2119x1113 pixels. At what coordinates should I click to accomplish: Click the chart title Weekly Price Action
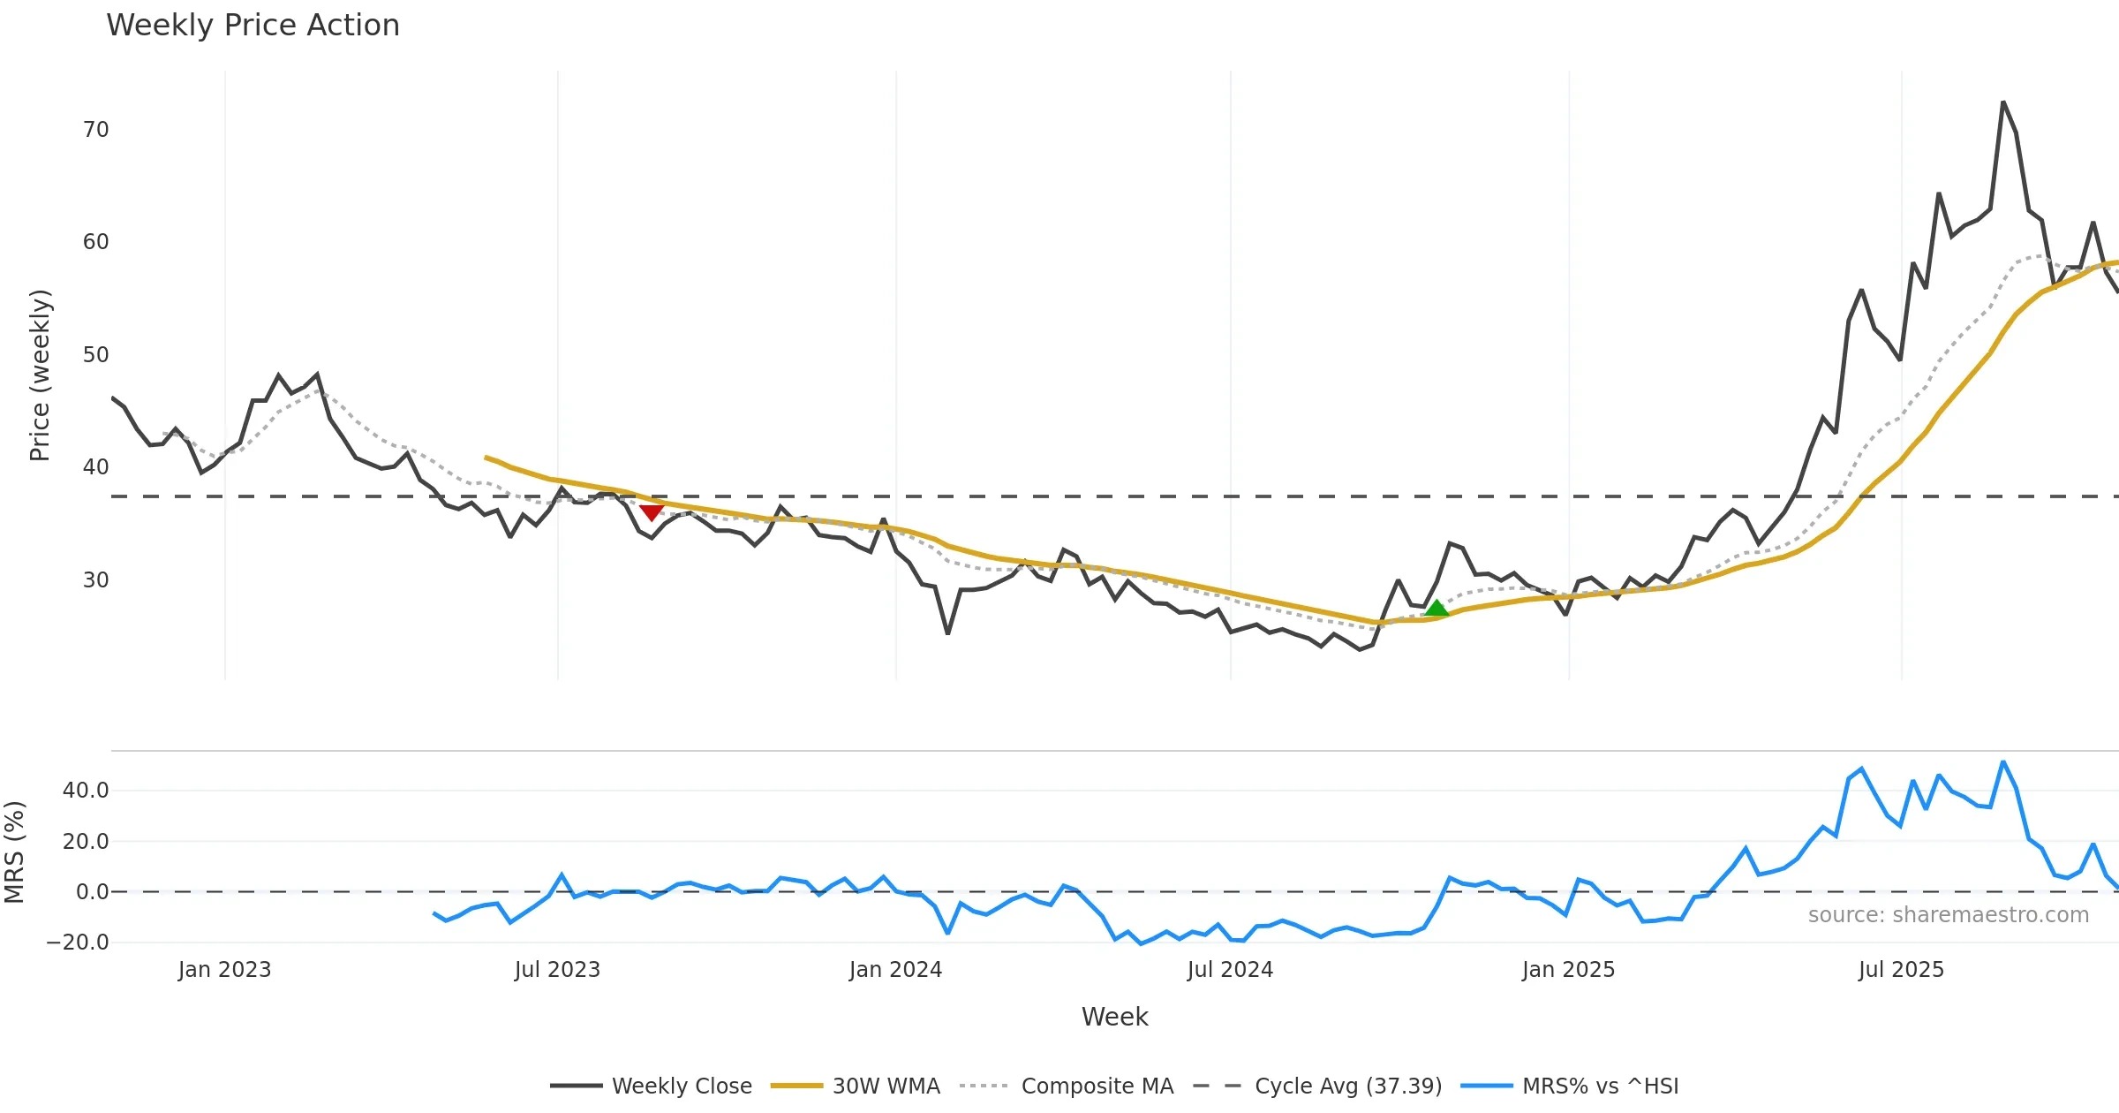point(253,26)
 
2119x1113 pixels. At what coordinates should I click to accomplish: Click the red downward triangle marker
point(652,512)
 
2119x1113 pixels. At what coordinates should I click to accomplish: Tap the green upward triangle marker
point(1437,608)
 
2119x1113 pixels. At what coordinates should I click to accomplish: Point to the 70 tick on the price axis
point(95,130)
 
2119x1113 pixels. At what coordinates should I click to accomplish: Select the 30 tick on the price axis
point(95,580)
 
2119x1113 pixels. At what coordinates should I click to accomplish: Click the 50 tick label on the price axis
point(95,355)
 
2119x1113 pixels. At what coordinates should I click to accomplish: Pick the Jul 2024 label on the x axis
point(1230,970)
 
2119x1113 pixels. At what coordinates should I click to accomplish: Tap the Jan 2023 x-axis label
point(224,970)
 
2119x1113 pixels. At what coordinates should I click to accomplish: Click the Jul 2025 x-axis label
point(1901,970)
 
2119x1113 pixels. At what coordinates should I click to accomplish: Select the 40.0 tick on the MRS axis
point(86,791)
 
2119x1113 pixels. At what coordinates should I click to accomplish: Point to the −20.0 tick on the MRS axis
point(78,943)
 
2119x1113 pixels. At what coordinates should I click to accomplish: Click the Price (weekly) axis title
point(41,375)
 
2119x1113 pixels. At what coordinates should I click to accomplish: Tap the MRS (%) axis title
point(15,852)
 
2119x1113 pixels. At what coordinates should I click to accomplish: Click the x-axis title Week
point(1114,1018)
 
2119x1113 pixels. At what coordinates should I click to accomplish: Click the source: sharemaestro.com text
point(1948,915)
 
